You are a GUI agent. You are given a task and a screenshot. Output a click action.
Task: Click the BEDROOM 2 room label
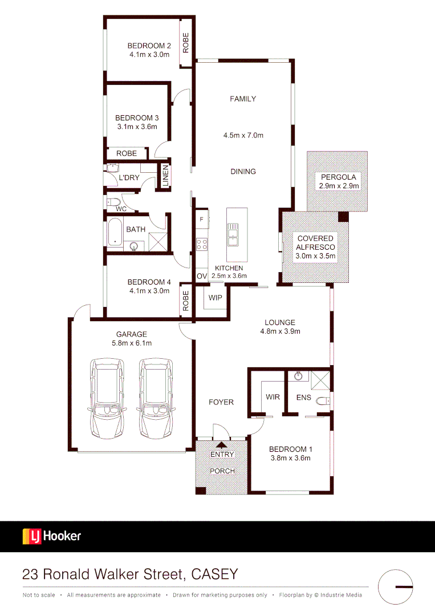149,46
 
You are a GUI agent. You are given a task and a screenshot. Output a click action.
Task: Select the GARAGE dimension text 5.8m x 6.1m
132,343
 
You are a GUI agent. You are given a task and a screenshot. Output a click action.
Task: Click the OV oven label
201,276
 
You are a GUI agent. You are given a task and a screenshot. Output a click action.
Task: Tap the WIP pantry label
216,298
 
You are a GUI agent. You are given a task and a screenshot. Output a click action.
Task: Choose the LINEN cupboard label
165,176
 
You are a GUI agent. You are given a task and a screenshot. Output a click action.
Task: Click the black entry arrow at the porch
221,446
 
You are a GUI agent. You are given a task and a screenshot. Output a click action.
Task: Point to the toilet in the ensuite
323,400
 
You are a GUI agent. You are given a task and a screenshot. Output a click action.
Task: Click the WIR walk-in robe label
273,397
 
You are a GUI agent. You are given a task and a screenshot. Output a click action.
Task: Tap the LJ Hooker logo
52,536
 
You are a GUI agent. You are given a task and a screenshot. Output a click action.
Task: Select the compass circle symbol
396,586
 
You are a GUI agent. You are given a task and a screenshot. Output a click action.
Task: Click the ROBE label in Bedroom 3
127,153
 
